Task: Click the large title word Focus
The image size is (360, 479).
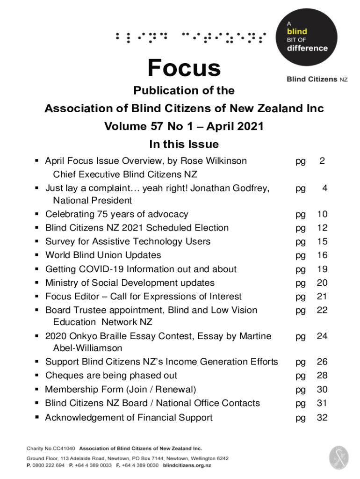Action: coord(184,68)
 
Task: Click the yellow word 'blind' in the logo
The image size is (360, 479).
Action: coord(297,32)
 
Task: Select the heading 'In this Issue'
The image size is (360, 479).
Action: coord(184,144)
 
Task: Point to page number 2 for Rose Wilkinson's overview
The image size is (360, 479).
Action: coord(322,161)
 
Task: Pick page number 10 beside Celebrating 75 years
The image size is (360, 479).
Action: coord(322,214)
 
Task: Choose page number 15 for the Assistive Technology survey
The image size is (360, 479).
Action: coord(322,241)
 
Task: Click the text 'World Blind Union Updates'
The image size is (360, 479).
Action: coord(103,255)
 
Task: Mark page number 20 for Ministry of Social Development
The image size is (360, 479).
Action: coord(322,283)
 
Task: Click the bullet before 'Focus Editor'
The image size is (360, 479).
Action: coord(36,297)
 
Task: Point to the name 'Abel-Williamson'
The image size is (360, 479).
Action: coord(88,348)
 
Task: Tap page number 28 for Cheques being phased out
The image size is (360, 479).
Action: coord(322,375)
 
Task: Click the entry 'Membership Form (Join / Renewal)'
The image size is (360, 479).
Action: coord(121,389)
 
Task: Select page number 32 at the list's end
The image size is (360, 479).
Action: coord(322,418)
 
